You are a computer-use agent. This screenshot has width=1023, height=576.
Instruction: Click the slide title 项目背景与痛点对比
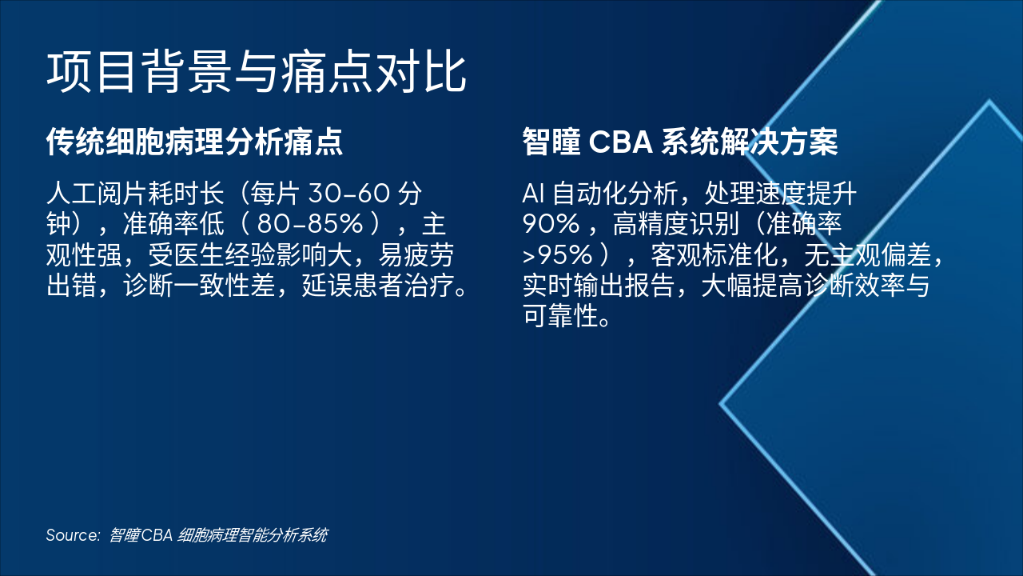point(256,74)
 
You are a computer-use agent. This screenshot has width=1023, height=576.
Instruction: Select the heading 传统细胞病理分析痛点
point(194,142)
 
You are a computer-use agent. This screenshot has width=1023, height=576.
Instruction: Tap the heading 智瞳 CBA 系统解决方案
point(679,142)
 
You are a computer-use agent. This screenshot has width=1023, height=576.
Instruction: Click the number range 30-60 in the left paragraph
point(348,194)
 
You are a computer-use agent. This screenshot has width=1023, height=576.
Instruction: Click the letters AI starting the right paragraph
point(532,194)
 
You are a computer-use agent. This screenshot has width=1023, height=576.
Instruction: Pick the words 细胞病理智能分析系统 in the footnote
point(253,535)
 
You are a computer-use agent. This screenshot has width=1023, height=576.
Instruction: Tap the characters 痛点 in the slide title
point(322,74)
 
